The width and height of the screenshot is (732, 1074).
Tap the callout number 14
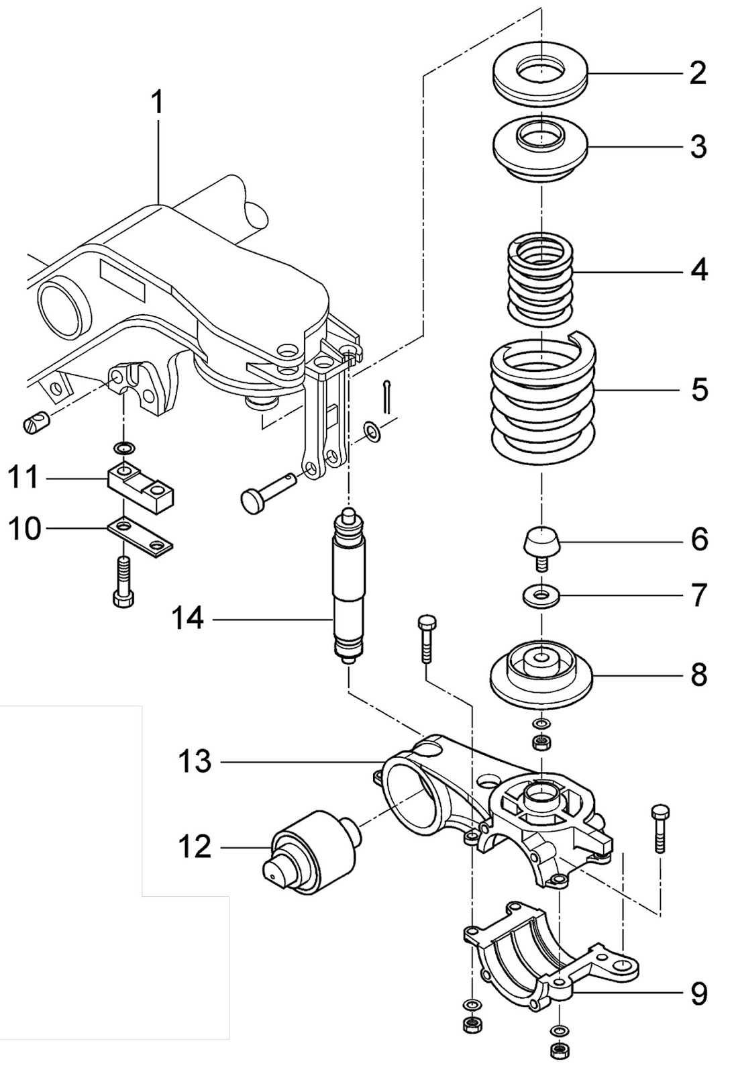click(x=187, y=618)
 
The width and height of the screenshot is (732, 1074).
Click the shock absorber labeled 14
click(x=349, y=584)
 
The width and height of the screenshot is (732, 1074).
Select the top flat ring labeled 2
click(x=541, y=79)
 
